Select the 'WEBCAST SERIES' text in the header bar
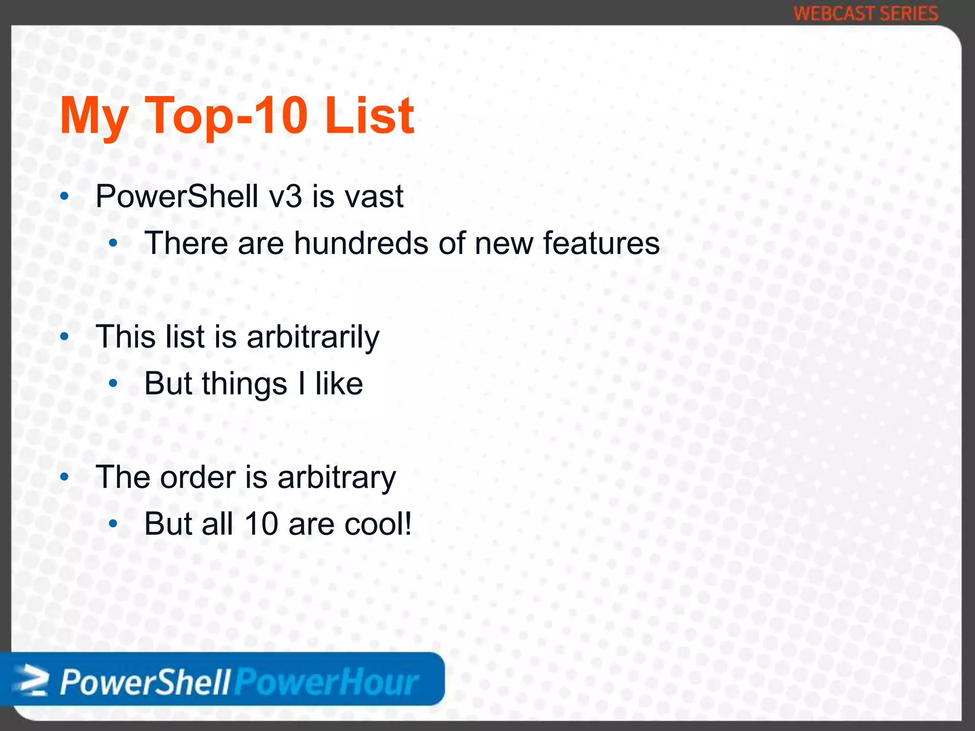866,13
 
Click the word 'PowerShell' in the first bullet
177,196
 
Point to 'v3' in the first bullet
285,197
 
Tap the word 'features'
601,243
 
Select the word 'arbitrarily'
313,337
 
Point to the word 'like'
339,384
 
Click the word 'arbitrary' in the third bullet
336,478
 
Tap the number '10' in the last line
261,524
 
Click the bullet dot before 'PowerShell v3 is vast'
65,197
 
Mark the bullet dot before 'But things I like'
113,384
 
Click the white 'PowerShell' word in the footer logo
146,682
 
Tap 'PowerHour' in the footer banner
327,682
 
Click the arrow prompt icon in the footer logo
31,681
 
